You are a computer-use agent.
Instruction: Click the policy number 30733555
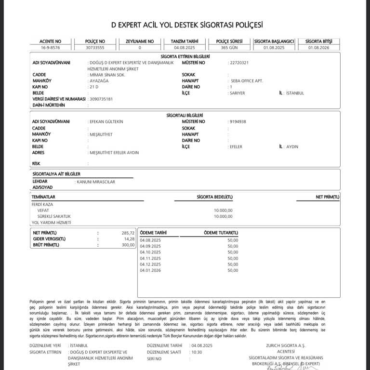[95, 48]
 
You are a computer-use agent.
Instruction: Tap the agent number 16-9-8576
[50, 48]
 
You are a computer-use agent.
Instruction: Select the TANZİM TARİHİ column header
[185, 41]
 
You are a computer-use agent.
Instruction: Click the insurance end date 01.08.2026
[318, 48]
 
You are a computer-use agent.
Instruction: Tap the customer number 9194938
[237, 121]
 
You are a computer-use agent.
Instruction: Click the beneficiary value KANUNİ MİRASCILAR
[95, 182]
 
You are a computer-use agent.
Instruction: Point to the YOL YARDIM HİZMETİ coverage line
[51, 223]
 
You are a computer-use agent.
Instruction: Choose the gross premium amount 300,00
[128, 245]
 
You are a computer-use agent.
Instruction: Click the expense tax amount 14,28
[130, 239]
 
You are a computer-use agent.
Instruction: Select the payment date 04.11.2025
[150, 258]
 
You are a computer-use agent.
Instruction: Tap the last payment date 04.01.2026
[150, 270]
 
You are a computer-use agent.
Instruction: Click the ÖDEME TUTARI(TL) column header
[221, 233]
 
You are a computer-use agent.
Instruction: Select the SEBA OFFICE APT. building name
[247, 80]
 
